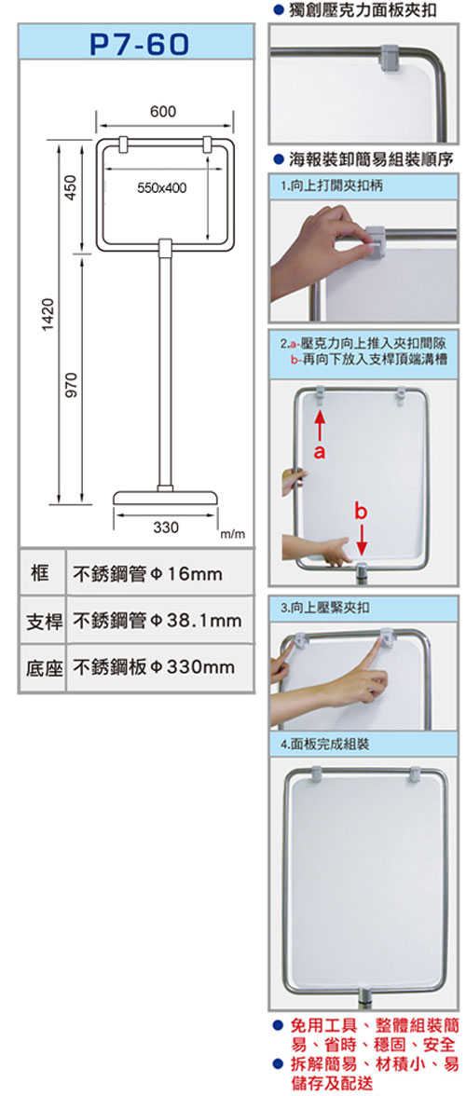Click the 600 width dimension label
[x=163, y=112]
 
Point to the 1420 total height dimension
[x=48, y=314]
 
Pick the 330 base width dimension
[x=166, y=527]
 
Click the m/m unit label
[x=233, y=534]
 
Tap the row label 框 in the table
[x=40, y=574]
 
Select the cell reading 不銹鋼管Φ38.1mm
[x=158, y=621]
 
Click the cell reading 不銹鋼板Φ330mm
[x=155, y=667]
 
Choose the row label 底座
[x=44, y=668]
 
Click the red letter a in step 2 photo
[x=320, y=452]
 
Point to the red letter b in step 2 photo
[x=360, y=513]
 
